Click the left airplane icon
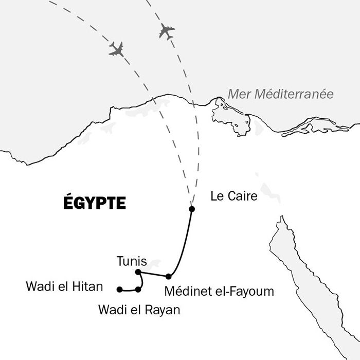point(116,49)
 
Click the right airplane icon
point(167,31)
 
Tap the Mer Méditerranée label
point(280,95)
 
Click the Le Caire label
point(234,196)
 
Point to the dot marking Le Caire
point(192,209)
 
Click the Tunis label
point(132,261)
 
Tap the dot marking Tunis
point(137,272)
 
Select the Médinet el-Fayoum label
point(219,291)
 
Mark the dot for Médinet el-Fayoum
point(168,276)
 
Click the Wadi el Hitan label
point(64,286)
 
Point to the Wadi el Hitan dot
point(119,289)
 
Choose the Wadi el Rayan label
point(139,310)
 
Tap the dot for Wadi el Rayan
point(138,290)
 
